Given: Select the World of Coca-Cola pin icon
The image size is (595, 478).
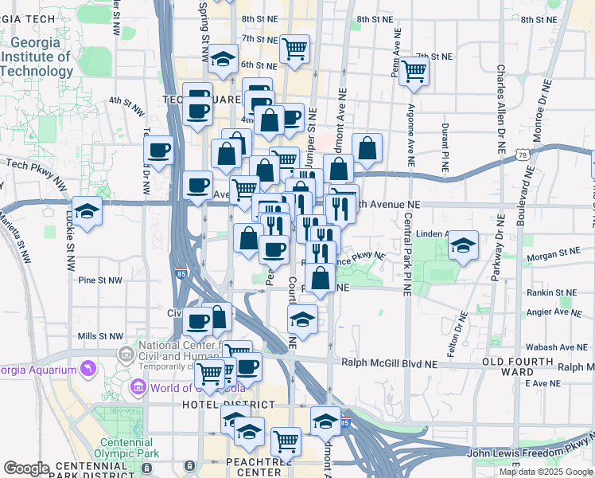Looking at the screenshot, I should click(x=138, y=388).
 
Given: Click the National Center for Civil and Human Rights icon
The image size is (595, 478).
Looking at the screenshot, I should click(x=126, y=353).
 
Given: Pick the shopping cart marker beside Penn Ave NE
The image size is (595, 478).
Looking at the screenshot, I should click(x=414, y=71).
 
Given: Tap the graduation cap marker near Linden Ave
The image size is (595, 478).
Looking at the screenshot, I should click(x=462, y=245).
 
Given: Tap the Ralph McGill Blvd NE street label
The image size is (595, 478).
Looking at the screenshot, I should click(x=390, y=363).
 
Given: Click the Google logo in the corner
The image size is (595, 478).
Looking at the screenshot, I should click(x=26, y=468).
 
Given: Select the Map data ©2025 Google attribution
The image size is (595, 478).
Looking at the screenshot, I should click(x=546, y=472).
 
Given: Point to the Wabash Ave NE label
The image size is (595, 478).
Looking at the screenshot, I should click(x=554, y=347).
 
